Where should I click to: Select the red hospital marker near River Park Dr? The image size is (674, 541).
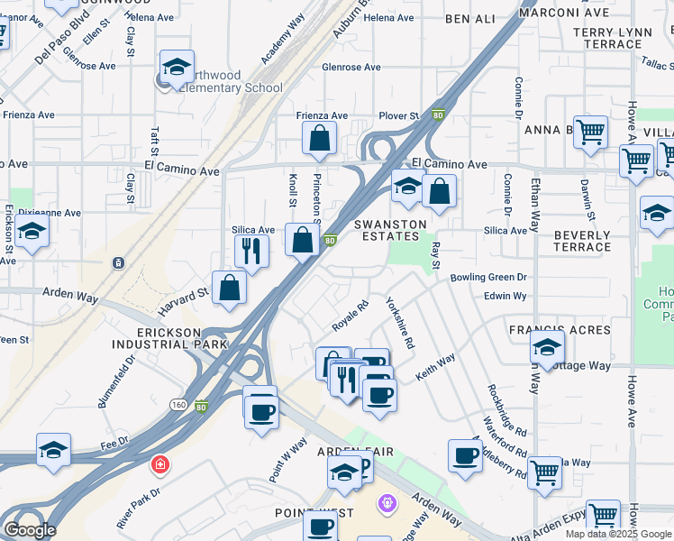coord(159,464)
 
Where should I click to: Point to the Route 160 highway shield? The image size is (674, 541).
coord(180,406)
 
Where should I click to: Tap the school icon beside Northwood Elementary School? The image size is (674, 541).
coord(177,68)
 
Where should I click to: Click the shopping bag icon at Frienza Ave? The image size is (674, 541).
coord(319,139)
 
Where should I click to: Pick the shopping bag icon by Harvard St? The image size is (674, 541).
coord(230,288)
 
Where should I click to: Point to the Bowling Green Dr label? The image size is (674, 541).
coord(488,278)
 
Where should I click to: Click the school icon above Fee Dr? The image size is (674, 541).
coord(53,451)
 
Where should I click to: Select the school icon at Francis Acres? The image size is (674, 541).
coord(547,346)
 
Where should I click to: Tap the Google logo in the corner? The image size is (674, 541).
coord(30,529)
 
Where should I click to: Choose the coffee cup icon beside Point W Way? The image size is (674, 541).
coord(261,411)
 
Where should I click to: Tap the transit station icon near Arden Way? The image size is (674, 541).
coord(118,263)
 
